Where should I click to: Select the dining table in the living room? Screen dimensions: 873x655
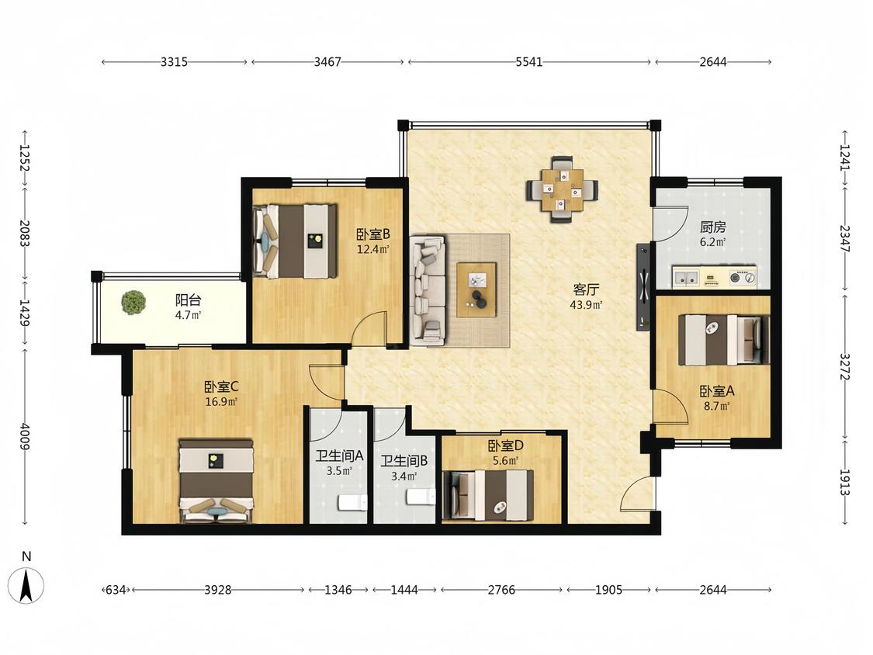coord(563,189)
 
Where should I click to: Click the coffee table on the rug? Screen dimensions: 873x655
coord(476,289)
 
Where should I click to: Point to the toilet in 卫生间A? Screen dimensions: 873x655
coord(352,502)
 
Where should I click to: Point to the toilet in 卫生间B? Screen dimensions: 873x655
coord(421,497)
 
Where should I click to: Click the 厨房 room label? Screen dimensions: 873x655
coord(712,227)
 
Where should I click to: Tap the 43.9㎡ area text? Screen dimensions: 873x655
coord(586,305)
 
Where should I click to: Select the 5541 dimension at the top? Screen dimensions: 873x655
coord(528,62)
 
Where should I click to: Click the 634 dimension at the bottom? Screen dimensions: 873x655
coord(115,589)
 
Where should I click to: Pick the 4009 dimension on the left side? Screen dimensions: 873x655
coord(25,436)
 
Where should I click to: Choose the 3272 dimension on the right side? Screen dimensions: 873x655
coord(845,366)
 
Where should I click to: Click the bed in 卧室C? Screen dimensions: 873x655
coord(216,480)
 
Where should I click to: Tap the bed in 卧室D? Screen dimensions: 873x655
coord(488,495)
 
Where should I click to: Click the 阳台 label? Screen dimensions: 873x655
coord(189,300)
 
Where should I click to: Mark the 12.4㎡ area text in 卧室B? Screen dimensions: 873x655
coord(372,249)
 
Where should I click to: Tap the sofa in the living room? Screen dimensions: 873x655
coord(428,289)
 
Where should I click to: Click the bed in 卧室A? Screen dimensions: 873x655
coord(724,340)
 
